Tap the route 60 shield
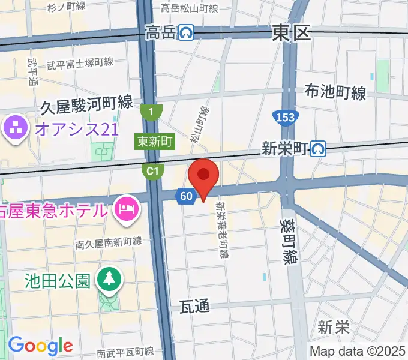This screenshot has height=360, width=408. pyautogui.click(x=186, y=196)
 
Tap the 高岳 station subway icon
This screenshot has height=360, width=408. pyautogui.click(x=187, y=32)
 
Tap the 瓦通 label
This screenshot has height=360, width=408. pyautogui.click(x=195, y=307)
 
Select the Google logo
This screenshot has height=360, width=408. pyautogui.click(x=40, y=346)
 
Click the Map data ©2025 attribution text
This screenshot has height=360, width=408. pyautogui.click(x=358, y=351)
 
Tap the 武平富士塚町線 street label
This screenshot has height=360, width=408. pyautogui.click(x=80, y=63)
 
